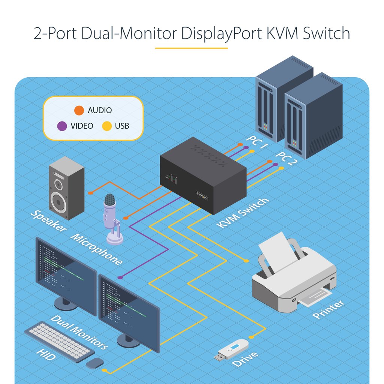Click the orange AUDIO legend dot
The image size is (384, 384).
pyautogui.click(x=79, y=110)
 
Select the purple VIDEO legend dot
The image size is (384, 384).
pyautogui.click(x=62, y=126)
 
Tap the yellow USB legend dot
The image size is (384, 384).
pyautogui.click(x=107, y=126)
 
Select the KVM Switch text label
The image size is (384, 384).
pyautogui.click(x=243, y=213)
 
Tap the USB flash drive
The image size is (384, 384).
pyautogui.click(x=233, y=349)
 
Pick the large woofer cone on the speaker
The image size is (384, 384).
pyautogui.click(x=59, y=203)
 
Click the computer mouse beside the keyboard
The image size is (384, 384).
pyautogui.click(x=94, y=363)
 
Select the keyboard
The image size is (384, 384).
pyautogui.click(x=59, y=341)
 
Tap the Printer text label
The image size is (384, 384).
pyautogui.click(x=328, y=309)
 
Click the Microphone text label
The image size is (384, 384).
pyautogui.click(x=96, y=249)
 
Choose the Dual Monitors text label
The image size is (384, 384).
pyautogui.click(x=79, y=332)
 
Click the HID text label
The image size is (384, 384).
pyautogui.click(x=46, y=355)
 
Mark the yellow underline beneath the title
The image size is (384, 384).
pyautogui.click(x=191, y=48)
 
